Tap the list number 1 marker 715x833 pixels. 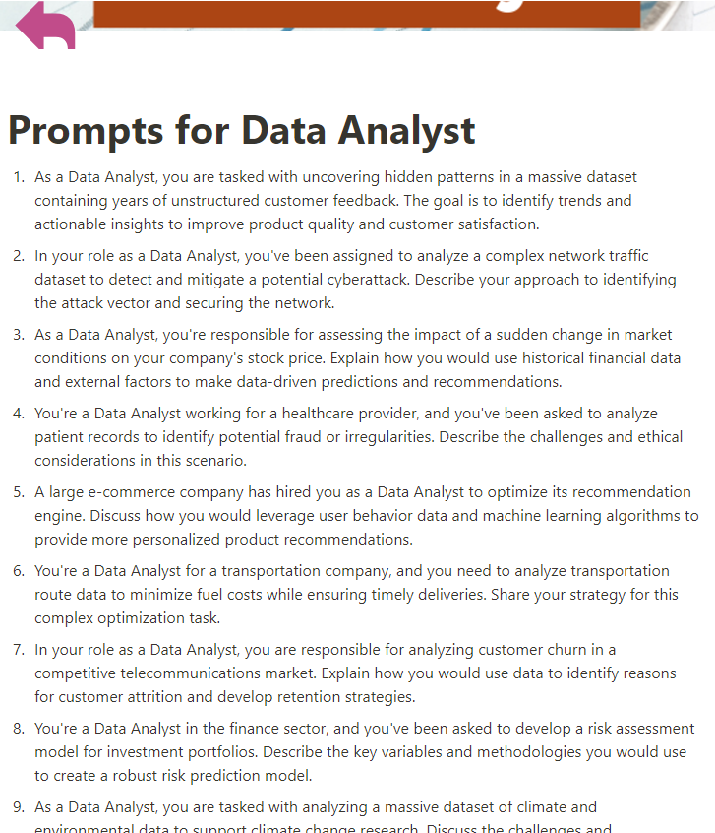[x=18, y=177]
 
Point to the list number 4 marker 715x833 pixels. [x=18, y=414]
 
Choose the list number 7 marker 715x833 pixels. [x=18, y=650]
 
